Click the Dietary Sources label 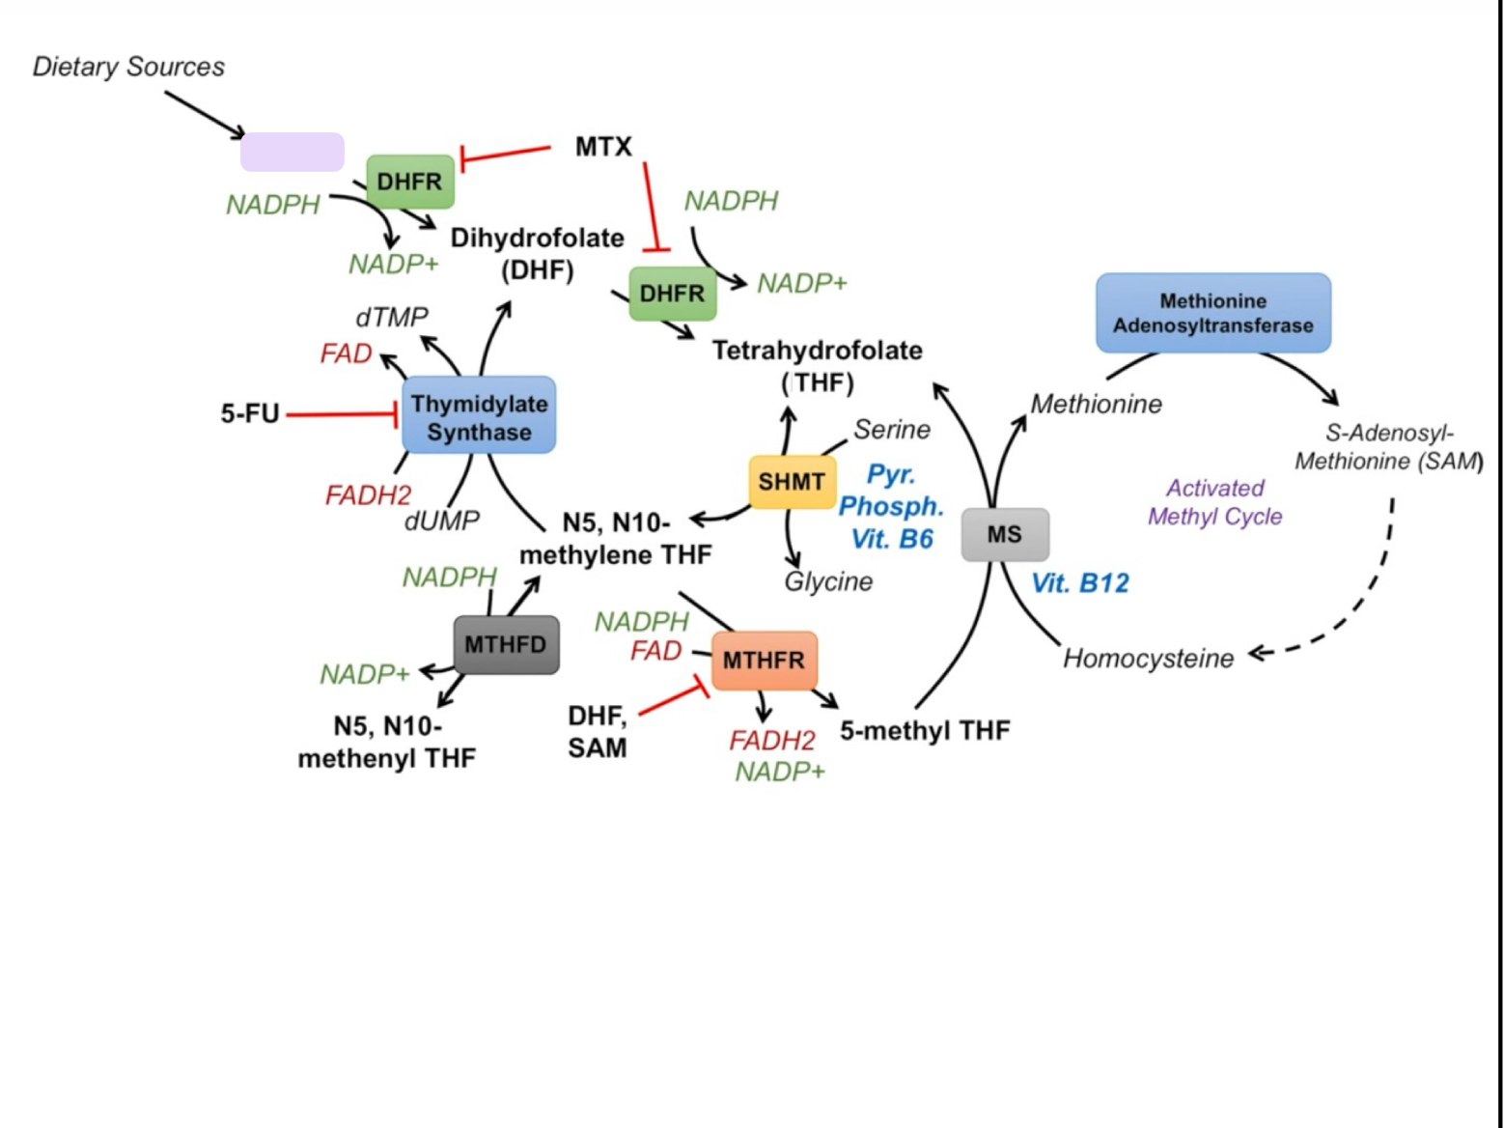point(128,67)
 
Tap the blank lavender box point(292,153)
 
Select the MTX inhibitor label point(603,147)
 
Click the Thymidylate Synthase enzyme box point(479,416)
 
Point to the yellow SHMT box point(792,482)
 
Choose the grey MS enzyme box point(1004,534)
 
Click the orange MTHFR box point(764,661)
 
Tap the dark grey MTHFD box point(505,644)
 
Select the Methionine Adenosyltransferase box point(1212,313)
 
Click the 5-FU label point(249,413)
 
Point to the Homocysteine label point(1148,659)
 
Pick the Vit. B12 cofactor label point(1079,583)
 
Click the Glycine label point(828,581)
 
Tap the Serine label point(891,430)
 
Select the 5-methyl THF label point(925,731)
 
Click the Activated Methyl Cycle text point(1214,502)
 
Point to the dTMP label point(391,317)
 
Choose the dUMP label point(442,522)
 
